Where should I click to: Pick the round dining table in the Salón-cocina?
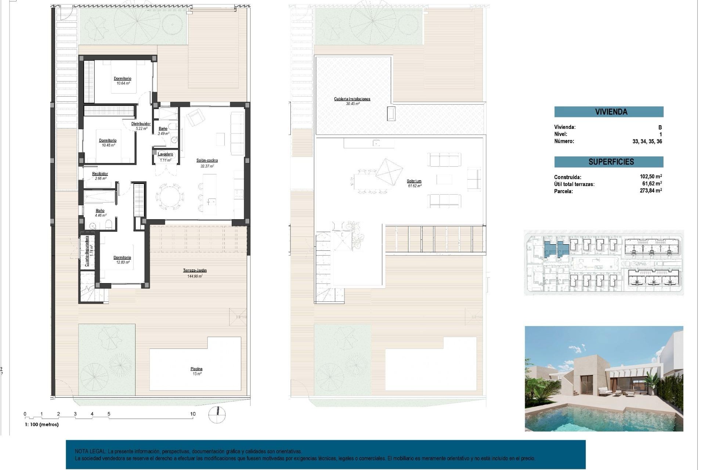click(169, 197)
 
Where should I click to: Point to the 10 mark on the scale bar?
click(193, 414)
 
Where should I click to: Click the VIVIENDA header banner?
click(608, 112)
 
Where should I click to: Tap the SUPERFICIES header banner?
click(608, 162)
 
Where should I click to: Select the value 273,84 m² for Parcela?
click(650, 191)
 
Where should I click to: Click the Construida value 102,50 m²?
click(650, 177)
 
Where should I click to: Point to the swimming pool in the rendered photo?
click(602, 419)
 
